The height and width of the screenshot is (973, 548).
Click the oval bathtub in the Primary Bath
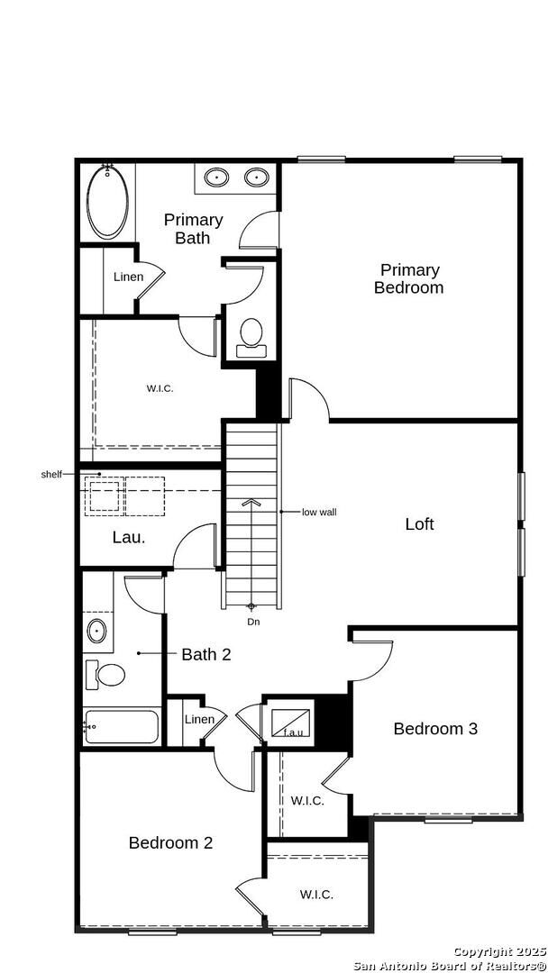click(x=107, y=203)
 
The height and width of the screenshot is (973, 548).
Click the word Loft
click(x=419, y=523)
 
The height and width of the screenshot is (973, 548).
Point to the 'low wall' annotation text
click(x=319, y=512)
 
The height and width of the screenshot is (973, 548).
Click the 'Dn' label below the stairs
click(x=253, y=622)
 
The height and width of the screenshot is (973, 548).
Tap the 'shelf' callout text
click(x=51, y=474)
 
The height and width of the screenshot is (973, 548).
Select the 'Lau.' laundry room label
click(x=129, y=537)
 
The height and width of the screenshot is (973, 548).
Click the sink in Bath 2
click(x=96, y=630)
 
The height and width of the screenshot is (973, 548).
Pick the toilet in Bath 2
click(x=104, y=674)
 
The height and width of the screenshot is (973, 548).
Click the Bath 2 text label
click(x=205, y=654)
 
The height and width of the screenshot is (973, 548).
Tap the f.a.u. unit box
click(x=292, y=723)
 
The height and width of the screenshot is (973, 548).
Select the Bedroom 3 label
click(x=435, y=728)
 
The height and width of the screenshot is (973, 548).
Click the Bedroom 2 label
click(x=170, y=843)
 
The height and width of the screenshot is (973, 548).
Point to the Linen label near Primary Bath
click(x=128, y=277)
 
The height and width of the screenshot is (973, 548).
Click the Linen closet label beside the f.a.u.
click(x=199, y=719)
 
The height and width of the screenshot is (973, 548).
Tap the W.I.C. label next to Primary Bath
click(x=160, y=388)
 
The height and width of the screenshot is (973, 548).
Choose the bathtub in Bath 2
click(x=122, y=726)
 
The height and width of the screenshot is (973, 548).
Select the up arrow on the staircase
click(x=252, y=502)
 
